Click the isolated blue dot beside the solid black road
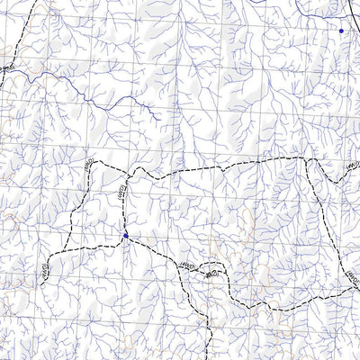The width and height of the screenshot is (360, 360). click(341, 31)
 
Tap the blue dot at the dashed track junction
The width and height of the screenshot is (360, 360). click(126, 236)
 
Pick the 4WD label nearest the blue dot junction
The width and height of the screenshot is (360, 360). click(121, 189)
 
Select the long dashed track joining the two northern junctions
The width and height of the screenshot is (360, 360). click(225, 165)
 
